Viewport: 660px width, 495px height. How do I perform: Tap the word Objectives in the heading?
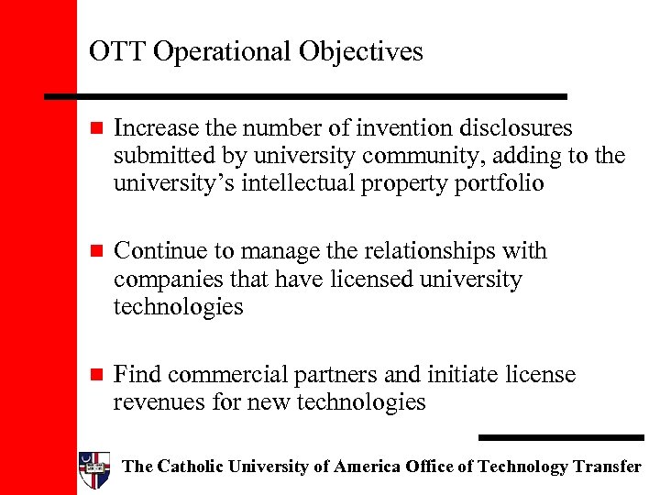(361, 52)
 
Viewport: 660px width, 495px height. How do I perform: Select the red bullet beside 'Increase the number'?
(99, 128)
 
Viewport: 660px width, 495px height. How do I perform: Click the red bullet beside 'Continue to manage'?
(99, 251)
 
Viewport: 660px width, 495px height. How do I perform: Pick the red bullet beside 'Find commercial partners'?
(99, 375)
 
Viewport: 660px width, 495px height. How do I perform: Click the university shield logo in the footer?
(95, 468)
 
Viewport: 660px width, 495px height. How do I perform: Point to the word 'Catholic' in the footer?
(190, 467)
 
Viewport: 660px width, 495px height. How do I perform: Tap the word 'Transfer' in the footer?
(608, 467)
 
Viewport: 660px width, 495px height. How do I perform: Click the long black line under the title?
(307, 95)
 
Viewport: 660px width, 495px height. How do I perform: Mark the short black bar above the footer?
(561, 437)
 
